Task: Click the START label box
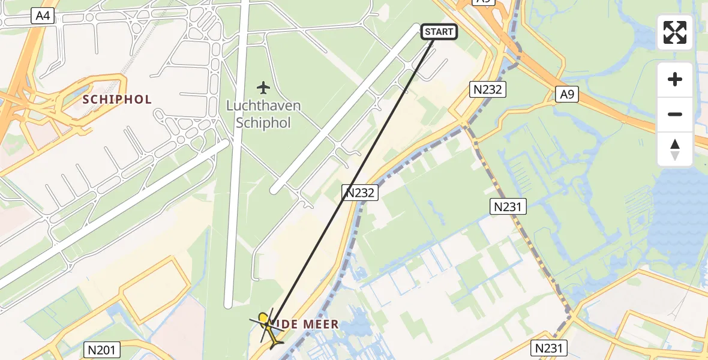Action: coord(440,32)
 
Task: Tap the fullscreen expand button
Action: coord(675,32)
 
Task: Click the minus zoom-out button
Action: coord(675,114)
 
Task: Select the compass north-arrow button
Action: coord(675,149)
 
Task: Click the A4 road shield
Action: coord(43,17)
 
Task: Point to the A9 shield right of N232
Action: coord(566,94)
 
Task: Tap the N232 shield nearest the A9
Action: coord(487,90)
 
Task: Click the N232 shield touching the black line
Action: coord(359,193)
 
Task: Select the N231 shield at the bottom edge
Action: coord(548,348)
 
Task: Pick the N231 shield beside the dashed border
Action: coord(509,207)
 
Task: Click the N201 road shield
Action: coord(104,350)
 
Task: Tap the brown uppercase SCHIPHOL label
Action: coord(117,99)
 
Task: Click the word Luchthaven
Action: coord(263,106)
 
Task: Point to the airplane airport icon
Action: coord(263,88)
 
